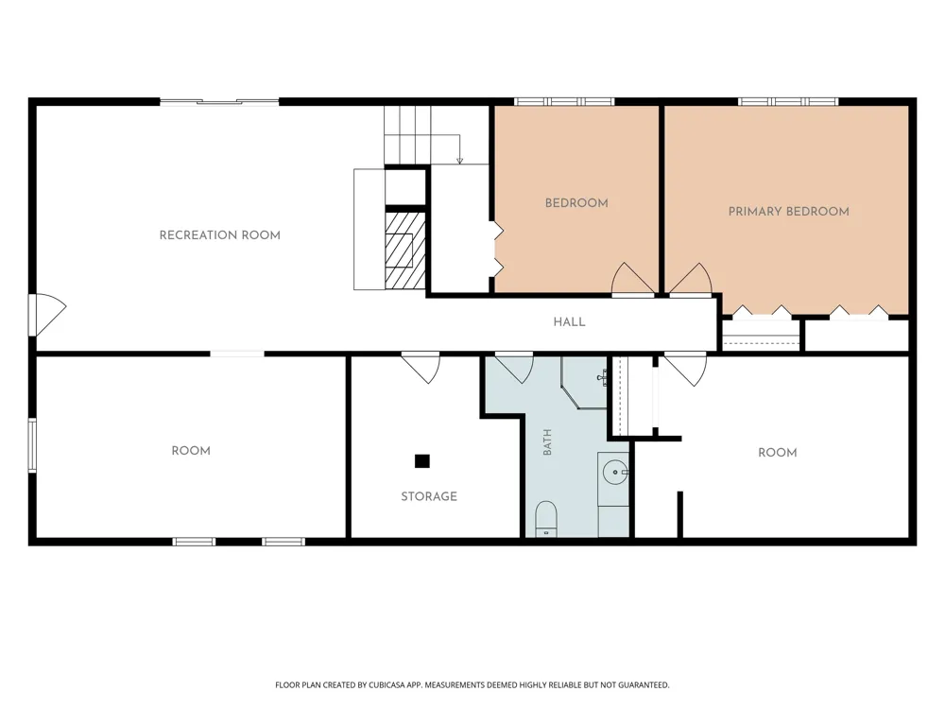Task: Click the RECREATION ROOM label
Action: coord(220,235)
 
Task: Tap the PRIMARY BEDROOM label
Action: coord(788,212)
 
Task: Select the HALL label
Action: coord(569,322)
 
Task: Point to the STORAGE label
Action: coord(429,496)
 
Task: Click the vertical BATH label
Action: coord(547,441)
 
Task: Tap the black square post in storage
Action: coord(421,461)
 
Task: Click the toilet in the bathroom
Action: coord(546,518)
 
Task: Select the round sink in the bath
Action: coord(615,472)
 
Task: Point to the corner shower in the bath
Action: coord(583,382)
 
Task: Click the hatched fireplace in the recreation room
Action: coord(405,250)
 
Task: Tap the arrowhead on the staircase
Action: coord(460,161)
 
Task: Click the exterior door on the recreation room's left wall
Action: coord(47,315)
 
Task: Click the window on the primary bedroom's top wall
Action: coord(788,101)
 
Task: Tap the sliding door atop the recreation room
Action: coord(219,102)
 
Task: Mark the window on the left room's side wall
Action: coord(32,445)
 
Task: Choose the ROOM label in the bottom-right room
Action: coord(778,453)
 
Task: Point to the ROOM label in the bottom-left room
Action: coord(191,451)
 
